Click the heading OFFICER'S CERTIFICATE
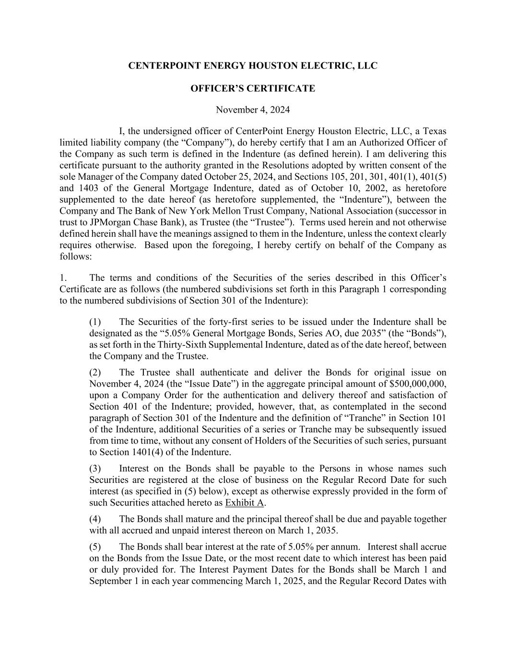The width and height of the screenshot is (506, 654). click(253, 89)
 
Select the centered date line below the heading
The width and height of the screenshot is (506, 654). click(253, 110)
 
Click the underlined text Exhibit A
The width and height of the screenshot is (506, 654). click(245, 503)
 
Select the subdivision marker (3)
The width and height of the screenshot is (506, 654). click(95, 469)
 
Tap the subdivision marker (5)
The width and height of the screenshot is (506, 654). click(95, 547)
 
